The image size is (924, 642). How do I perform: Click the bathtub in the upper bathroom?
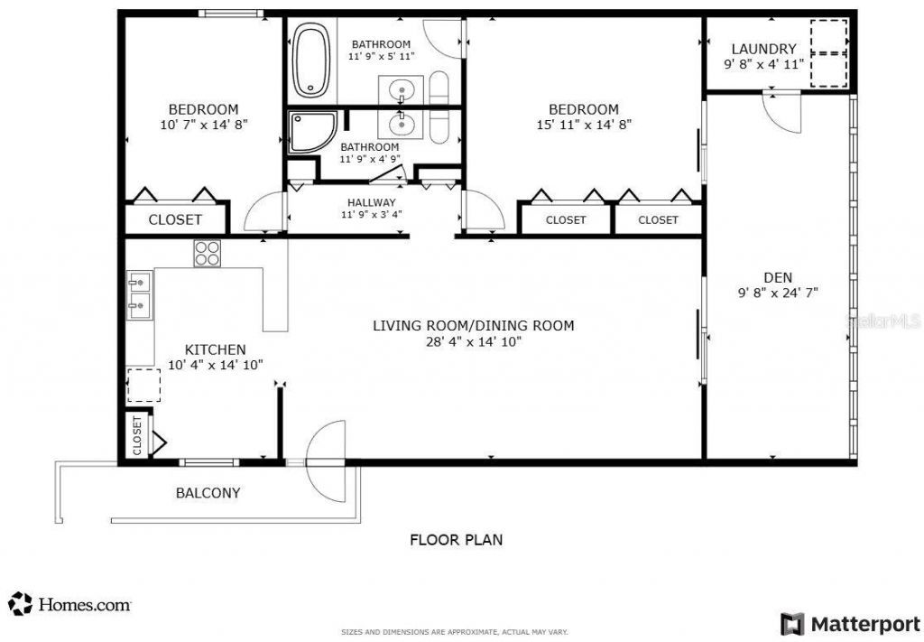311,60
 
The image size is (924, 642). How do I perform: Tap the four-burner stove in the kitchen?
207,253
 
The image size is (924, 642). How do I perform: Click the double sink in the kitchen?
139,295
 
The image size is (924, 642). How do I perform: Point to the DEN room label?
777,277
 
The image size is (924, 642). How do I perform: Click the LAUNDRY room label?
763,49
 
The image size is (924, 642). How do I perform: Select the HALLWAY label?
371,202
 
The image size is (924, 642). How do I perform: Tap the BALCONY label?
208,493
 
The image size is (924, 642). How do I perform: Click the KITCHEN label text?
215,349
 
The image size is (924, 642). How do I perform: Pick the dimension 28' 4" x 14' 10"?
474,341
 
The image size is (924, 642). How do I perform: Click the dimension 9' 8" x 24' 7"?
777,293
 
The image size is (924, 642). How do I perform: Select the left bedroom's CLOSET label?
175,219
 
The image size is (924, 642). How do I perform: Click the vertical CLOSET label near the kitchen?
138,435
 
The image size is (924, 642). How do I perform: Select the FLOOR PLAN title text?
457,540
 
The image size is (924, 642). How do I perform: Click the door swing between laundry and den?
781,112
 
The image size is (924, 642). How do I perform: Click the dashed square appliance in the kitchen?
143,385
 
